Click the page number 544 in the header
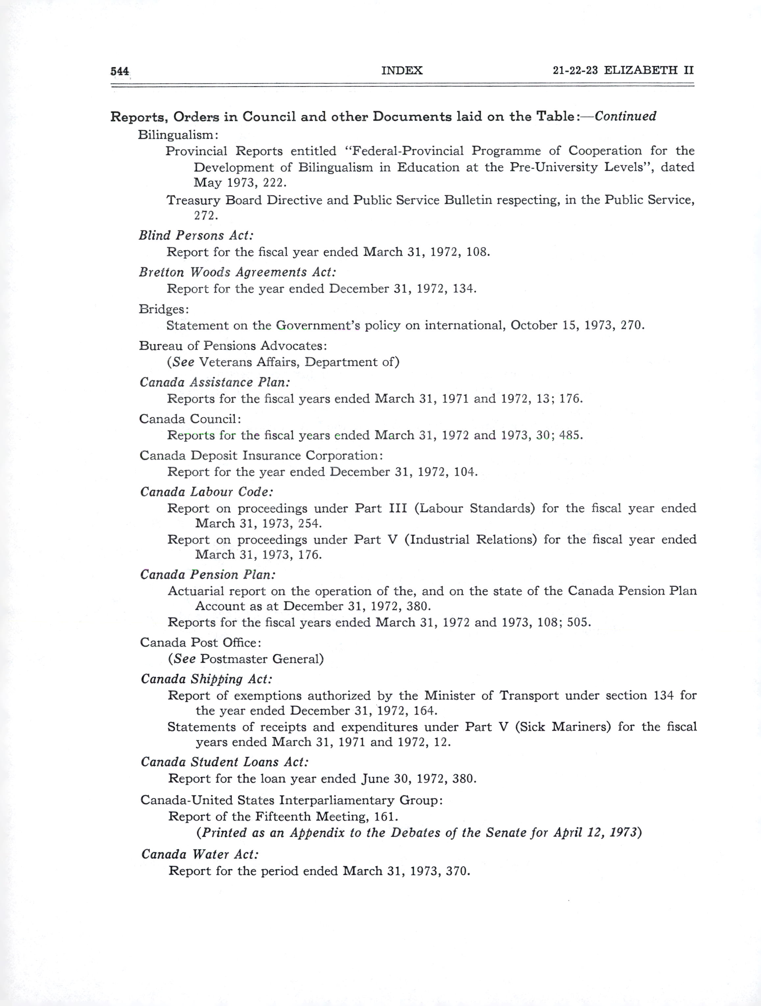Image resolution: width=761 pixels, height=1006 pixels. (120, 71)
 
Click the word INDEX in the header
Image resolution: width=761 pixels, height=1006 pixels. (402, 70)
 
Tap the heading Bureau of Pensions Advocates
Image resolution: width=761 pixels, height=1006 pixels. (233, 346)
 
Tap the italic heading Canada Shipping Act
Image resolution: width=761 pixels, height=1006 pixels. (207, 679)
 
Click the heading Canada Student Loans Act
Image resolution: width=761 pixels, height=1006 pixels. (225, 762)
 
